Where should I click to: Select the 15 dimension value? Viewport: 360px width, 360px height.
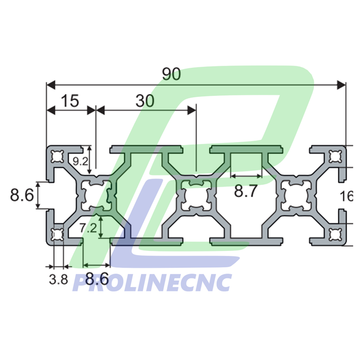69,101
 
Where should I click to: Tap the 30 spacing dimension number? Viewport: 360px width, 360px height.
145,101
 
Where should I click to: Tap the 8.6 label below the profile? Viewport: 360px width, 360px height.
96,279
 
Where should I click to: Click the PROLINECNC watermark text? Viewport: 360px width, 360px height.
152,283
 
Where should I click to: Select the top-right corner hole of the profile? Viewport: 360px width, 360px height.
335,156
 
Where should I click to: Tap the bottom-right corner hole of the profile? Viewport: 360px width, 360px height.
335,235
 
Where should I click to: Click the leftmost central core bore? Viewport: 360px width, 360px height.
96,196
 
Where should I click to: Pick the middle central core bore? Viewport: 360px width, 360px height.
195,196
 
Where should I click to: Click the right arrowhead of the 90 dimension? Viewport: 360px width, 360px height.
341,85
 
